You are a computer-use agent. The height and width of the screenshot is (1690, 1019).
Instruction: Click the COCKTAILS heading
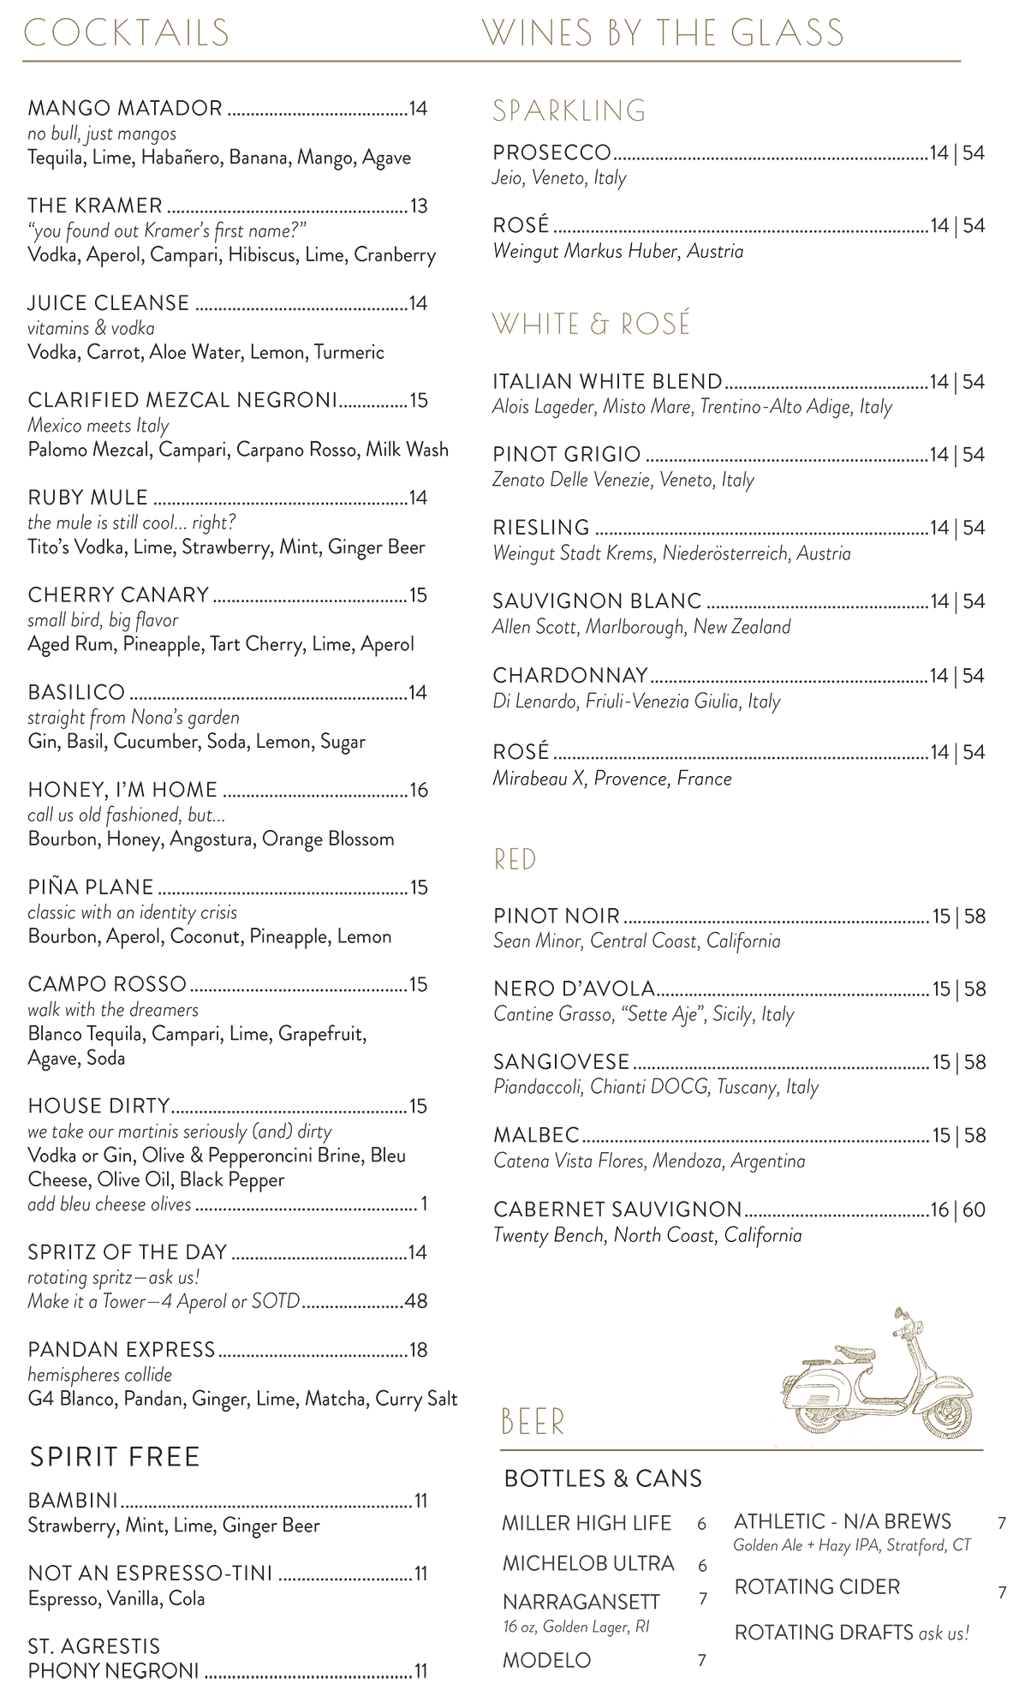click(127, 33)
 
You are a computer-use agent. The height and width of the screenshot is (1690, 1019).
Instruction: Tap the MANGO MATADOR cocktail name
click(125, 109)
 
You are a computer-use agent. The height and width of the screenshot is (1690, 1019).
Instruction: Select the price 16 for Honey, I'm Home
click(418, 790)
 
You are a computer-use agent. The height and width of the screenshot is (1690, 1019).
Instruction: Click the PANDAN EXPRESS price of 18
click(418, 1350)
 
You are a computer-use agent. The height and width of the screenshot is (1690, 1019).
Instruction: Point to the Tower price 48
click(416, 1301)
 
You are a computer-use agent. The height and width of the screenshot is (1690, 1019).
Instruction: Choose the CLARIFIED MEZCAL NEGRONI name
click(182, 401)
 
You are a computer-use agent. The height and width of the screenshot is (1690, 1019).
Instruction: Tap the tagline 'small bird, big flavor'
click(103, 619)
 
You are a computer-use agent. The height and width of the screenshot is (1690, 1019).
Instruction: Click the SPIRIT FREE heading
click(115, 1457)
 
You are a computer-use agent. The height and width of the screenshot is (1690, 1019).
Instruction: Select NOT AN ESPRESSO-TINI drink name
click(151, 1574)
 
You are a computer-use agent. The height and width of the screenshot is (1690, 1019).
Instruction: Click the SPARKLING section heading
click(569, 110)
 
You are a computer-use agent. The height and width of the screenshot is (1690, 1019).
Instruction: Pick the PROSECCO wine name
click(552, 153)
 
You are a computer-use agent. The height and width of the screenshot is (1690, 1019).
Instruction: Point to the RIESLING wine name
click(541, 528)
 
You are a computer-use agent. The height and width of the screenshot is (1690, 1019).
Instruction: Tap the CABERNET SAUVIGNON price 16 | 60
click(957, 1209)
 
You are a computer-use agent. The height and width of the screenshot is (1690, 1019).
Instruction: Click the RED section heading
click(515, 859)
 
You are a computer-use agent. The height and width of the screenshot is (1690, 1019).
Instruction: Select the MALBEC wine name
click(537, 1136)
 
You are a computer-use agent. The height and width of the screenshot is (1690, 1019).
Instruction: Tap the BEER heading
click(533, 1423)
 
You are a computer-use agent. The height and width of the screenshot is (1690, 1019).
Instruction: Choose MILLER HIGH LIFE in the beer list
click(587, 1523)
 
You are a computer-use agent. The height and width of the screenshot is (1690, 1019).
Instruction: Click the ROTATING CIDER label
click(817, 1586)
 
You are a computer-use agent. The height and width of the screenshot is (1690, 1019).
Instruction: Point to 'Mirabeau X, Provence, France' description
click(612, 779)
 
